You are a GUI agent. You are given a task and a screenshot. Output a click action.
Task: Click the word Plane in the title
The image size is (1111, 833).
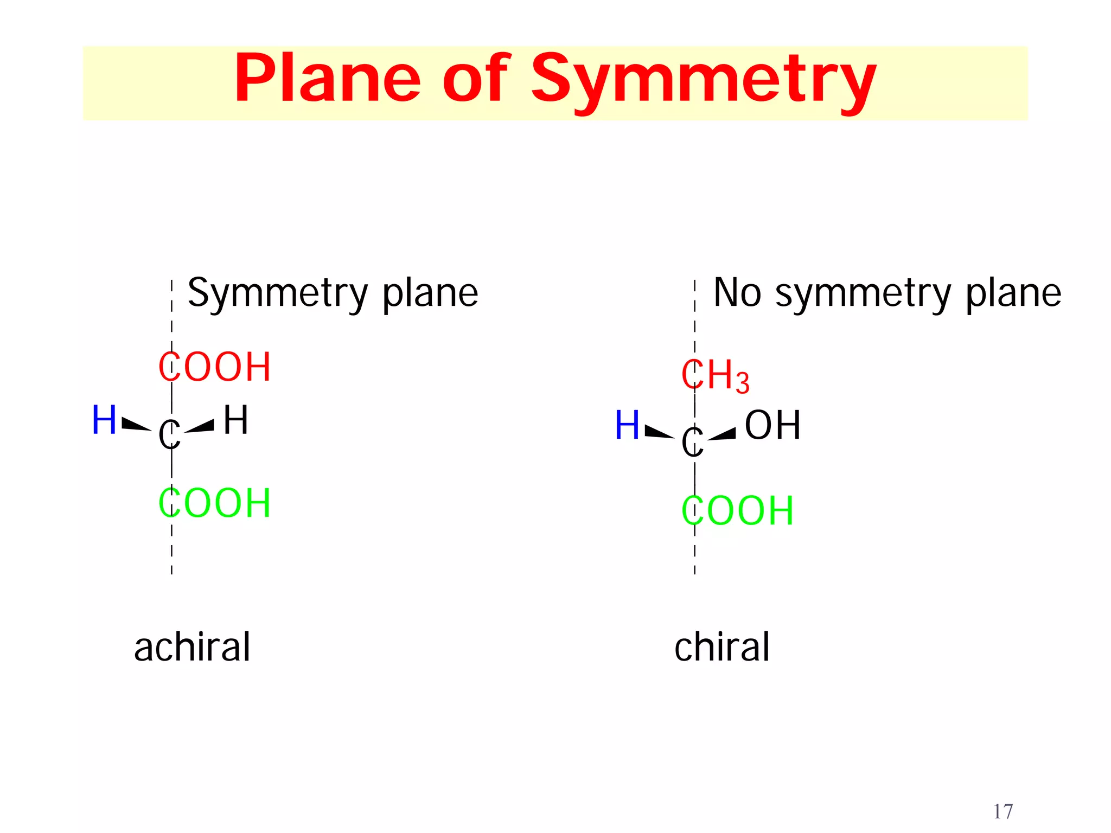click(328, 79)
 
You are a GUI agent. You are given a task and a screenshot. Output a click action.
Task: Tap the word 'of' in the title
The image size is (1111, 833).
click(476, 79)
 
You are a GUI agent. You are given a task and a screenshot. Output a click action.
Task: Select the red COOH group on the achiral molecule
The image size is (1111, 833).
click(215, 367)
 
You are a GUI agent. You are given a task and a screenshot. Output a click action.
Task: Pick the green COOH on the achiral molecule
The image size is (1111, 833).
click(215, 503)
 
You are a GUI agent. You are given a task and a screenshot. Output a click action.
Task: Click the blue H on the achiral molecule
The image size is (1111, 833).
click(104, 420)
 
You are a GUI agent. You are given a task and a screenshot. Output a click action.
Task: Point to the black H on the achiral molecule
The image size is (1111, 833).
click(236, 420)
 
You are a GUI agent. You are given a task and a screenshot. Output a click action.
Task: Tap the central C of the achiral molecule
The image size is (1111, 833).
click(169, 434)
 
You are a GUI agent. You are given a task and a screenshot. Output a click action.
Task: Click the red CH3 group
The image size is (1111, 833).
click(715, 375)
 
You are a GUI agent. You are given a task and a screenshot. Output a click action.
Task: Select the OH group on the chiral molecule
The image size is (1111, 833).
click(772, 425)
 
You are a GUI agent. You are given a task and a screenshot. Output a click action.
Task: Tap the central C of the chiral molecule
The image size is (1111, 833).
click(692, 441)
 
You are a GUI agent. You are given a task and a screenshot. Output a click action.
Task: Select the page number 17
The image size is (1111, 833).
click(1003, 812)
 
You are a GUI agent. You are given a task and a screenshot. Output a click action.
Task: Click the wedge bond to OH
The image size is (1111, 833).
click(723, 434)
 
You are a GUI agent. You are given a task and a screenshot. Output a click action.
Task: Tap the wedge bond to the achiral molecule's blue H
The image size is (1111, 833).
click(136, 424)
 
